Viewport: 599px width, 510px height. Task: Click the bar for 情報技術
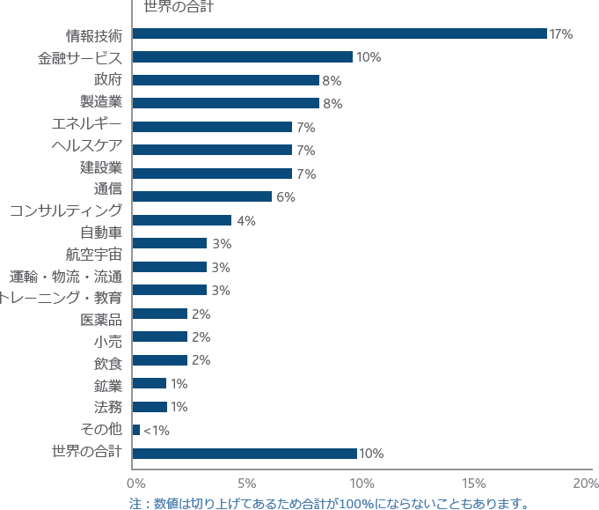pos(340,33)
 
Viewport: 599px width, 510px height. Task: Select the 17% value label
pos(561,34)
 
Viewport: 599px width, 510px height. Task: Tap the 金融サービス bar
pos(243,57)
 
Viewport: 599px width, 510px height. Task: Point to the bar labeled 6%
pos(202,196)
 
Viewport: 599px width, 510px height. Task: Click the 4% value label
pos(246,221)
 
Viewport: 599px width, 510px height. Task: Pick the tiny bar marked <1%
pos(136,430)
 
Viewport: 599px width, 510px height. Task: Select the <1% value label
pos(157,431)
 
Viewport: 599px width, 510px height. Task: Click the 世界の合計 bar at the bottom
pos(245,454)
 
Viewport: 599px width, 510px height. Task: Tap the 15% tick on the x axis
pos(474,484)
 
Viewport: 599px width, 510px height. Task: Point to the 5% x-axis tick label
pos(247,484)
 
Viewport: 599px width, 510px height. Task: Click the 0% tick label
pos(136,484)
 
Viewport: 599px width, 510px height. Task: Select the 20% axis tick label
pos(586,484)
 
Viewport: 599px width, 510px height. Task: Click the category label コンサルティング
pos(66,211)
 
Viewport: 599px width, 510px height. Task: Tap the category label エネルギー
pos(87,124)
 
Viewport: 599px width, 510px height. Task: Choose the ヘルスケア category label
pos(87,145)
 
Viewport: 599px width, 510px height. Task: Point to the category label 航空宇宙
pos(94,255)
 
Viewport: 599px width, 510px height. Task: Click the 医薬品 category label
pos(101,320)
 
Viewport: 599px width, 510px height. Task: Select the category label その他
pos(101,429)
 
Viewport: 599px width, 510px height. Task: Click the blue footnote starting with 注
pos(329,504)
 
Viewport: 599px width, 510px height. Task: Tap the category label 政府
pos(108,79)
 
